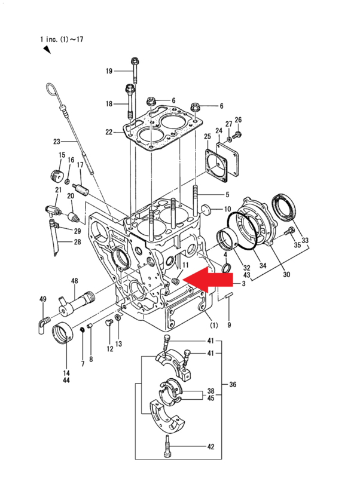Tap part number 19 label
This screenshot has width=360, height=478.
pos(109,71)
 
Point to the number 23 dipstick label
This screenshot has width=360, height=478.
pos(56,142)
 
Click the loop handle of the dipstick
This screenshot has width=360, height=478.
pos(52,89)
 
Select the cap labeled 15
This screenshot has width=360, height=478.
pos(56,174)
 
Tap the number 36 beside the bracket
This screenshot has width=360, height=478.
pos(233,384)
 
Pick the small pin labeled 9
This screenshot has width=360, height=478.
pos(229,296)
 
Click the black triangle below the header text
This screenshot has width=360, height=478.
pos(47,50)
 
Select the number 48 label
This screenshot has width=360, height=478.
pos(74,281)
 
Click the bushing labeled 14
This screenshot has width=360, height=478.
pos(63,333)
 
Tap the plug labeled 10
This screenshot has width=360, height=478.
pos(206,210)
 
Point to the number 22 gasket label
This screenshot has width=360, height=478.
pos(109,132)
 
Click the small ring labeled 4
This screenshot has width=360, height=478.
pos(226,268)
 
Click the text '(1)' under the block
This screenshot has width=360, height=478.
pos(214,325)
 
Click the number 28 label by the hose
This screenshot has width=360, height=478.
pos(77,242)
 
